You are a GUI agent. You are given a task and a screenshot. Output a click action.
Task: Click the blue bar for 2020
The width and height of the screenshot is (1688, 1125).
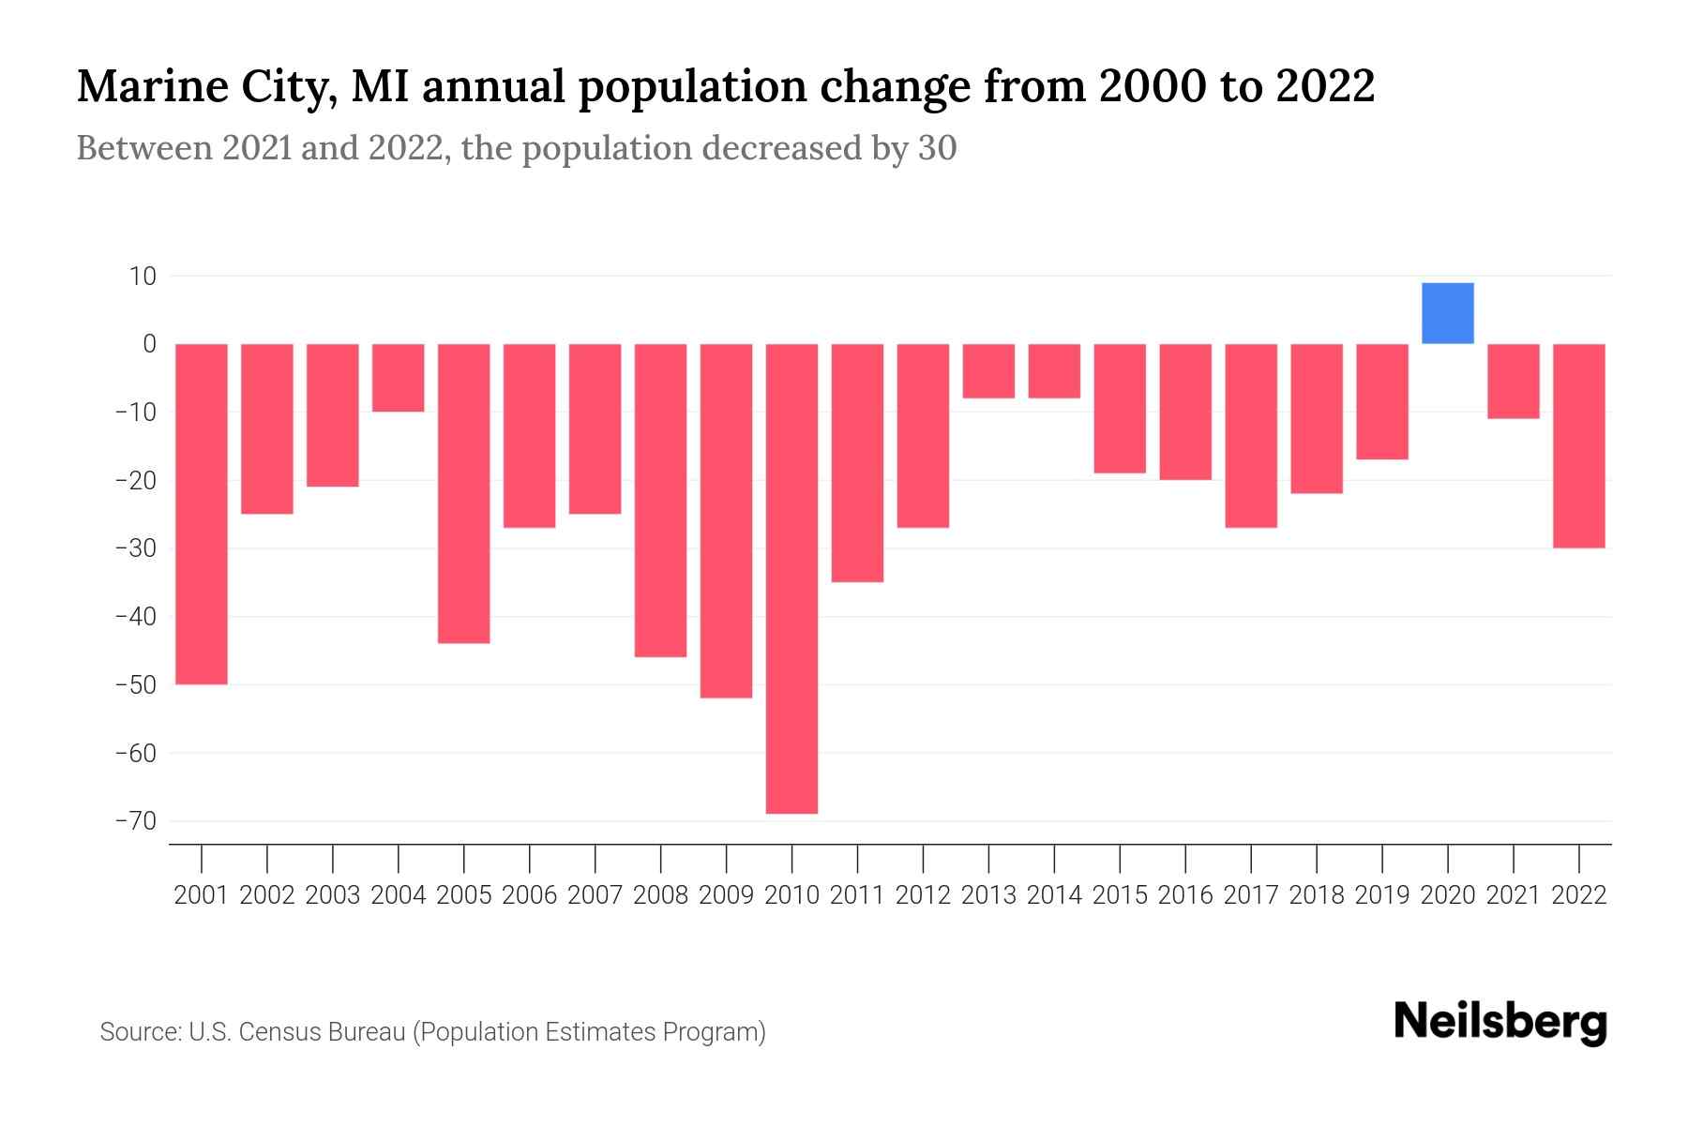coord(1447,313)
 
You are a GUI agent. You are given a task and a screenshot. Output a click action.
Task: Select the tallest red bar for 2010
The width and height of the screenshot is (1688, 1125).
coord(791,578)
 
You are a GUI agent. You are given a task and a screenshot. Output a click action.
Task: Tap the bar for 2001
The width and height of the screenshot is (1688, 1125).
coord(202,514)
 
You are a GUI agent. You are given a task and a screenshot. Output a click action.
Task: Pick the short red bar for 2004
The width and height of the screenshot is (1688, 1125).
coord(399,378)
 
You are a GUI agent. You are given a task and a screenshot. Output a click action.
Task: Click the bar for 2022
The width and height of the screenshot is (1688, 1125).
coord(1578,445)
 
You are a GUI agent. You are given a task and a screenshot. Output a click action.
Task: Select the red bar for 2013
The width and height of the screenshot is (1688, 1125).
coord(988,371)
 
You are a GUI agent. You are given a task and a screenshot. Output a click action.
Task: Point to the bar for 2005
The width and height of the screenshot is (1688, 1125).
coord(464,493)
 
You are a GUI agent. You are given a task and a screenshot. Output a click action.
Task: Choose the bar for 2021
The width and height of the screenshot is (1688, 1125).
coord(1513,381)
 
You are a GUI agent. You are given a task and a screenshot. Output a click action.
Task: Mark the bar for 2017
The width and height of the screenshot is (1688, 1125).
coord(1250,435)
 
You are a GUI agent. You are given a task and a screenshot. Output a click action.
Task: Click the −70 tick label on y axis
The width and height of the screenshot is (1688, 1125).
coord(135,821)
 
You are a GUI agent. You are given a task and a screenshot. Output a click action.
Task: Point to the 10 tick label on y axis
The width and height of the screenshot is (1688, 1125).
coord(143,277)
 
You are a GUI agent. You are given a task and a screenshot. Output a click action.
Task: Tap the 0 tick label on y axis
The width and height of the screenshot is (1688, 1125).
coord(149,344)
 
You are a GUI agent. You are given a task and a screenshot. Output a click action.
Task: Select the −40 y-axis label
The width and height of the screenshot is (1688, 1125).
coord(135,617)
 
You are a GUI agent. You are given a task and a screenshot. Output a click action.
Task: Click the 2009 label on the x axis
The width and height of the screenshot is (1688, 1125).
coord(726,895)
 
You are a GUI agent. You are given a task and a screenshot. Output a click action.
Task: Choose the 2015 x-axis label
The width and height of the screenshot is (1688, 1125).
coord(1120,895)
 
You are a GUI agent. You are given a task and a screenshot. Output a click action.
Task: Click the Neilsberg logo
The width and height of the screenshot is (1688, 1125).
coord(1500,1022)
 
